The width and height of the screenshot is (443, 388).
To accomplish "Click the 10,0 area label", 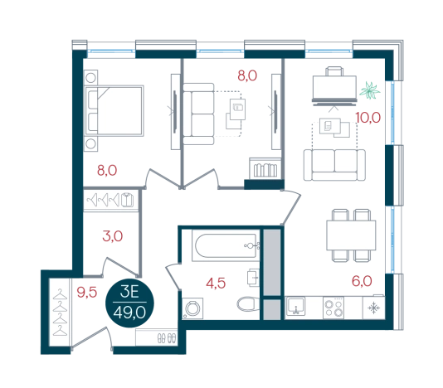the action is [368, 118].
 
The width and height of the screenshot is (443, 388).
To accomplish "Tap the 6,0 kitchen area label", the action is [362, 281].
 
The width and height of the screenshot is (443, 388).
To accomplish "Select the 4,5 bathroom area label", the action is [216, 283].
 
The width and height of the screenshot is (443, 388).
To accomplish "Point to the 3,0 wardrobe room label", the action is [113, 236].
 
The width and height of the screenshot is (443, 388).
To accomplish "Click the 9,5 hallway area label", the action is [87, 292].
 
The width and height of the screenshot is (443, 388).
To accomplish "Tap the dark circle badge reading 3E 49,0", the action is [129, 303].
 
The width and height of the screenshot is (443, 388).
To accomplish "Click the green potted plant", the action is [369, 90].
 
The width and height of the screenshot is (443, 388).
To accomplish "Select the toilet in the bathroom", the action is [248, 303].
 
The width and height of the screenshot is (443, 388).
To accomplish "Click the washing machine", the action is [192, 308].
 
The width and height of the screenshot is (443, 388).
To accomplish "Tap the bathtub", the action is [226, 245].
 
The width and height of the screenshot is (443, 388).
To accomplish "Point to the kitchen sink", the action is [295, 306].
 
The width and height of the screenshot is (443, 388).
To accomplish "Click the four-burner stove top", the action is [333, 308].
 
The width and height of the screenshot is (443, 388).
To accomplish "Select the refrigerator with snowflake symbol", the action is [373, 308].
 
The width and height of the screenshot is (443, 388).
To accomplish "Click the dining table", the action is [351, 235].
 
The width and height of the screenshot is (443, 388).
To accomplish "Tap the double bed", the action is [114, 111].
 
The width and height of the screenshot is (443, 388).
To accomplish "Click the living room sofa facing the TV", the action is [334, 165].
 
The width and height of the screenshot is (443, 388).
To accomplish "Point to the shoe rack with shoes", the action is [156, 337].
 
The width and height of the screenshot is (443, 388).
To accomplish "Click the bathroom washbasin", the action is [253, 277].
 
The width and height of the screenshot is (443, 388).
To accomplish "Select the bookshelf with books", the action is [265, 168].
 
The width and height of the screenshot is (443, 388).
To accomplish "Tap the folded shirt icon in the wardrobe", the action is [127, 200].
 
